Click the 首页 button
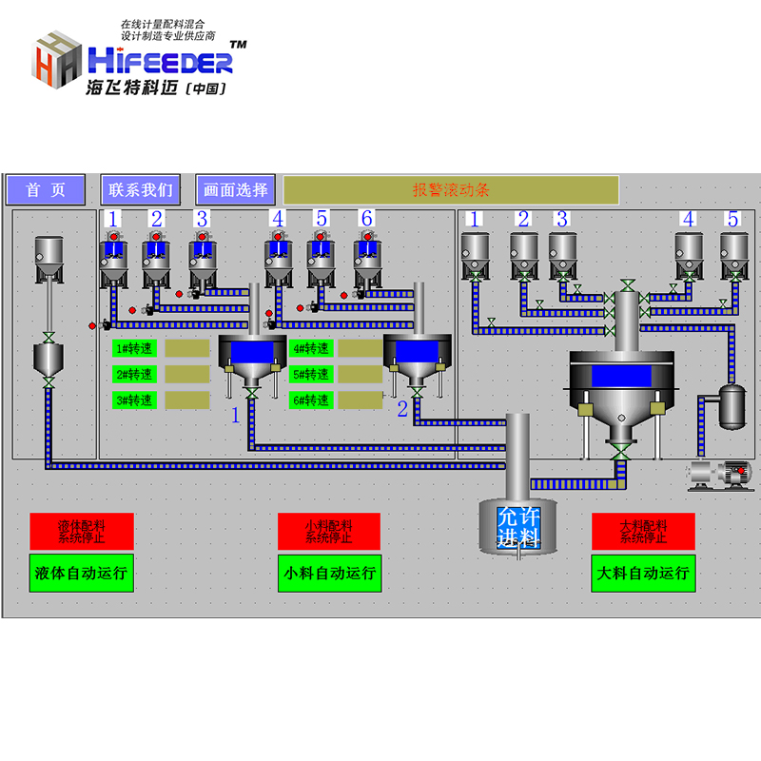click(x=46, y=190)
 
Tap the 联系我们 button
click(x=141, y=190)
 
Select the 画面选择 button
click(x=236, y=190)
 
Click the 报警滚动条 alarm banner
click(x=451, y=190)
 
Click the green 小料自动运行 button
click(x=329, y=574)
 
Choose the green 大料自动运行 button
click(x=643, y=574)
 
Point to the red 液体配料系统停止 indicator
click(x=81, y=531)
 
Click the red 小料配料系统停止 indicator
click(x=329, y=531)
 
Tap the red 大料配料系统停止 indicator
click(x=643, y=531)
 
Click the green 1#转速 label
click(x=134, y=349)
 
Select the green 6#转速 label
click(x=311, y=400)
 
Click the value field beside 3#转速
click(x=187, y=400)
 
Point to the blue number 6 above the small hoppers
click(x=366, y=219)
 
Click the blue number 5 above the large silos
click(x=732, y=219)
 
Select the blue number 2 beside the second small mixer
click(x=402, y=409)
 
